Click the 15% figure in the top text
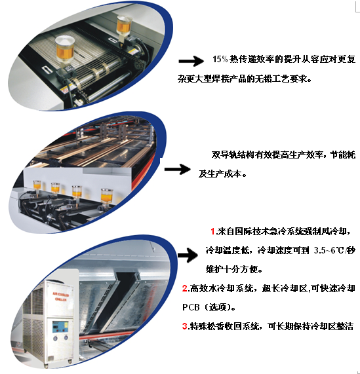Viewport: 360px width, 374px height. (x=220, y=59)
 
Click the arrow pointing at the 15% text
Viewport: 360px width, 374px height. (x=191, y=61)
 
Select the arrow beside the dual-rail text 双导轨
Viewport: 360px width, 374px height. (x=177, y=169)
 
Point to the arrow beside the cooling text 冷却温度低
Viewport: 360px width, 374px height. (x=188, y=255)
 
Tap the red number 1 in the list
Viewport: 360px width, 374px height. (x=212, y=231)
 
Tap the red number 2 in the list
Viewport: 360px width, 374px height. (x=185, y=288)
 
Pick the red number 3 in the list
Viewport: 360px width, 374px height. (x=185, y=326)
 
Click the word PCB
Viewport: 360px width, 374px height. (x=191, y=307)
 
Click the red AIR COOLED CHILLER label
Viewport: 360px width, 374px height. (x=60, y=296)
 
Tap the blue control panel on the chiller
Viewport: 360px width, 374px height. (x=60, y=327)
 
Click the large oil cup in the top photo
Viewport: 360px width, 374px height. (x=64, y=50)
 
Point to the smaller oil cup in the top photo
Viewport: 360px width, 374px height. (x=124, y=27)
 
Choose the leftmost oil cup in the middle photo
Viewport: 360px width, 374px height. (x=37, y=185)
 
